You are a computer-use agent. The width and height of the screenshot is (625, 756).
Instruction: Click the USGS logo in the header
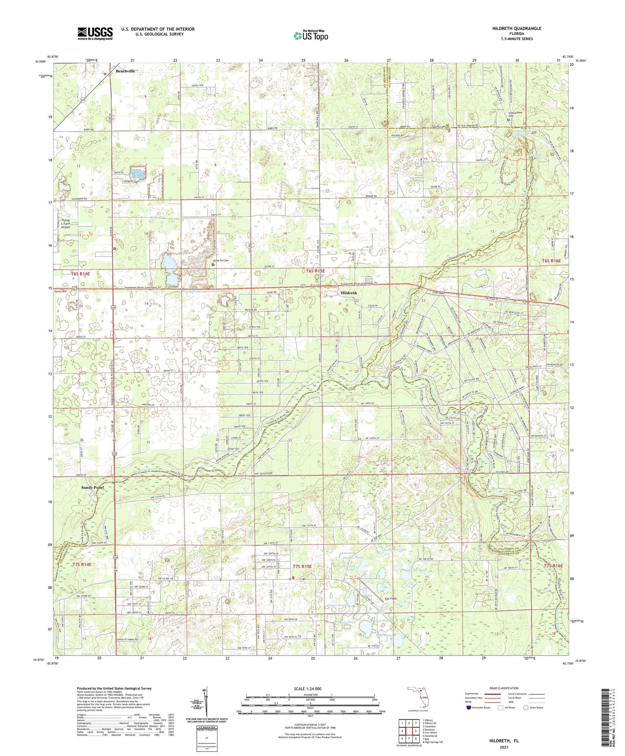tap(95, 33)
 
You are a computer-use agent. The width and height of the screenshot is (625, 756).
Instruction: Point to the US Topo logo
tap(310, 35)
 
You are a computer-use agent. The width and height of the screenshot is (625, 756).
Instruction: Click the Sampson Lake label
tap(395, 550)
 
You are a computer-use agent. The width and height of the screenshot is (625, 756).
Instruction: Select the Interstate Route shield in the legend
tap(469, 707)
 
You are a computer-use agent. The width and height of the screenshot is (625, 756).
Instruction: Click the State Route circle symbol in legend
tap(526, 707)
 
